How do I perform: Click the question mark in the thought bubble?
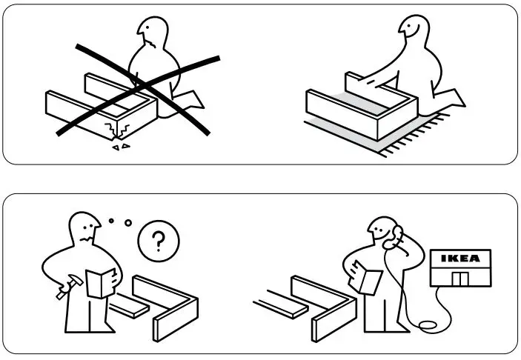[x=157, y=241]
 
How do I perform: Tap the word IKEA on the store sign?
[x=460, y=259]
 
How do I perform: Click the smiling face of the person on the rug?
[x=409, y=30]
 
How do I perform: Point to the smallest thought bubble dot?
[x=111, y=219]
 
